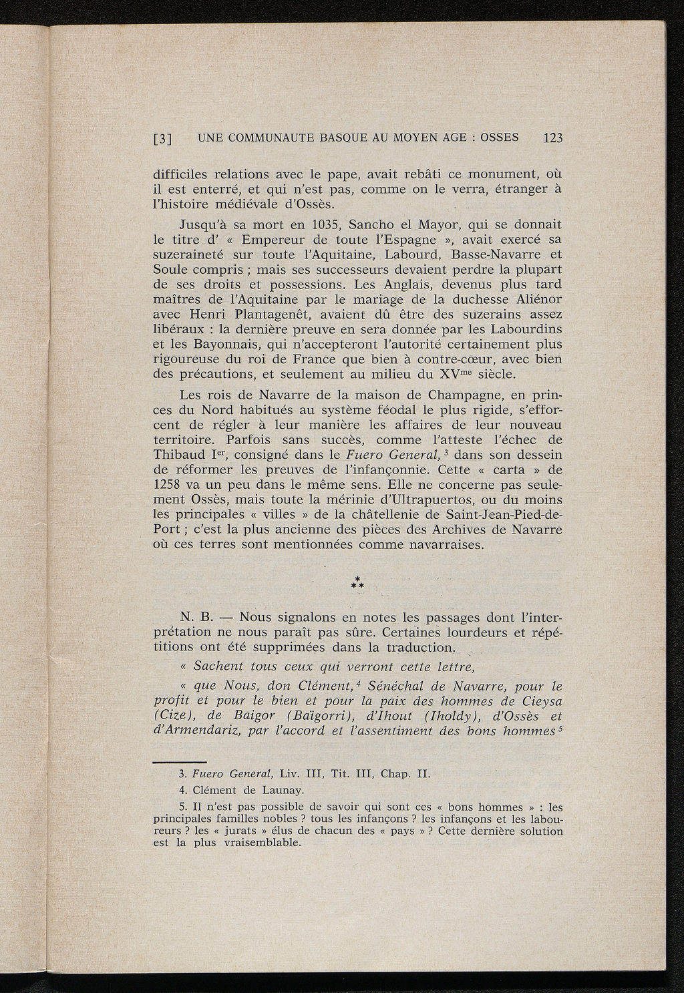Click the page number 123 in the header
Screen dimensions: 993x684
click(x=554, y=139)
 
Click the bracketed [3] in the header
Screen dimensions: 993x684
click(x=163, y=140)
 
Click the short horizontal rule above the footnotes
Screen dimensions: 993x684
click(x=179, y=761)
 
